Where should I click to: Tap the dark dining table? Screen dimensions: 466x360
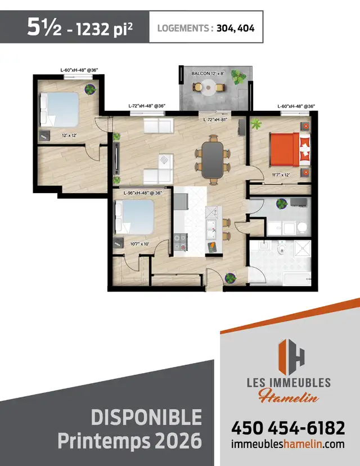coord(213,158)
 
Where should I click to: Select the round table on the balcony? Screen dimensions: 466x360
coord(209,87)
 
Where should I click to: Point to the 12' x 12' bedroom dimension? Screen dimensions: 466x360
coord(53,135)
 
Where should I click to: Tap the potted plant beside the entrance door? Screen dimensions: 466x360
coord(230,277)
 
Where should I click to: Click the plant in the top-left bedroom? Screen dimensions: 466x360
coord(91,88)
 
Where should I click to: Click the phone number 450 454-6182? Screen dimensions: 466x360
coord(287,428)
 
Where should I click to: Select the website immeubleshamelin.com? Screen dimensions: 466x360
coord(287,444)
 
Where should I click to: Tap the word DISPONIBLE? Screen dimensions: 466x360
coord(146,417)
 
